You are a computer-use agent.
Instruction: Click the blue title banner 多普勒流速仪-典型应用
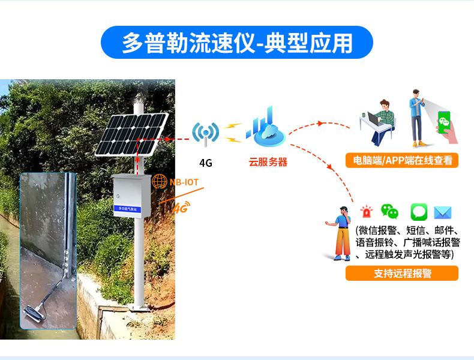(236, 42)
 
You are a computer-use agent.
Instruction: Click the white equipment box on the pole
(131, 195)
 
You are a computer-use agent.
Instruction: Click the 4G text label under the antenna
(206, 163)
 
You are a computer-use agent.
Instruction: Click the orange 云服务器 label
(268, 162)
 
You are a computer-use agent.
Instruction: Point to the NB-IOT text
(184, 182)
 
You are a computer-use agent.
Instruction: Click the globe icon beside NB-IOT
(160, 181)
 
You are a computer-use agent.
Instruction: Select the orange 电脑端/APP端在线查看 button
(402, 160)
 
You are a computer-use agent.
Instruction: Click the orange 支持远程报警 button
(402, 274)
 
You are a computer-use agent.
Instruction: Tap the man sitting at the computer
(378, 123)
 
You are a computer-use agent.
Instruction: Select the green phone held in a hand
(445, 125)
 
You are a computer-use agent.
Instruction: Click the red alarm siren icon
(366, 212)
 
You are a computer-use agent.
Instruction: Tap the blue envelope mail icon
(443, 212)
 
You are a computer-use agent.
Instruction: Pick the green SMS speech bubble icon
(418, 212)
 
